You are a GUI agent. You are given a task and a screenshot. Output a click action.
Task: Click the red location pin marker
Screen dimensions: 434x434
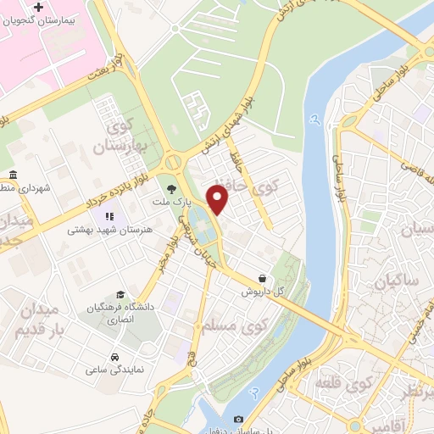[219, 198]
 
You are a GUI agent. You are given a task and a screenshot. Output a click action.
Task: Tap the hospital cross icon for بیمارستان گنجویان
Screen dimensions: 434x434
[38, 8]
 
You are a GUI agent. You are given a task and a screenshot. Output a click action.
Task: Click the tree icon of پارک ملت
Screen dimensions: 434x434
[172, 189]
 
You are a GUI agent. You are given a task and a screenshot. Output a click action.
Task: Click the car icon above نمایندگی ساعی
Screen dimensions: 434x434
[114, 357]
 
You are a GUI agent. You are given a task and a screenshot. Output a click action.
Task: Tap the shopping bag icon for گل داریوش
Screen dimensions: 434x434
[262, 277]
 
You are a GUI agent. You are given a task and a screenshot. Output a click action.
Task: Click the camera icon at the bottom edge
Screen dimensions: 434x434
[238, 420]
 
